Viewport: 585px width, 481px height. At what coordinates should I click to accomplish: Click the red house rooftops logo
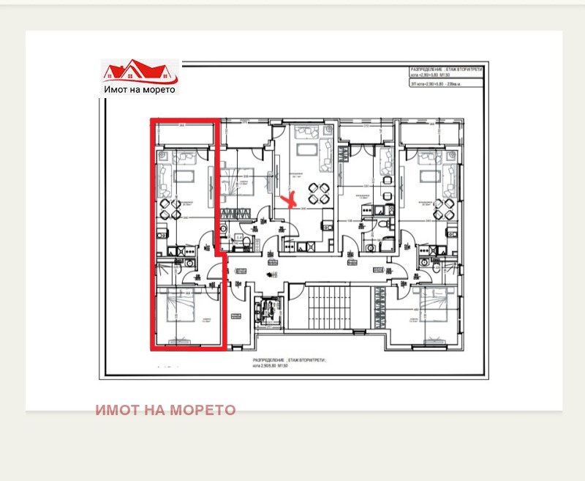139,71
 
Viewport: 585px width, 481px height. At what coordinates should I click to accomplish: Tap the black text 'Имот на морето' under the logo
140,89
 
